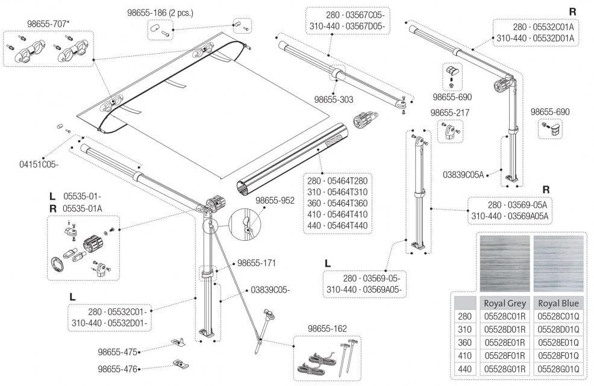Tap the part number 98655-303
[334, 99]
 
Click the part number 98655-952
[275, 201]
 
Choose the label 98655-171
[257, 263]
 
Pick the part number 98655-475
[117, 352]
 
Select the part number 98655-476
[117, 369]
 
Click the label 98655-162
[327, 328]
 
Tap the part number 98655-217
[449, 113]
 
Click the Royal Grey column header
[505, 303]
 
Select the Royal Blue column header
[558, 303]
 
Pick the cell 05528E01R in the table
[505, 343]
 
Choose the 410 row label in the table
[464, 356]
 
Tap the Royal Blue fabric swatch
[558, 264]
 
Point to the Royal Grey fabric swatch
[505, 264]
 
